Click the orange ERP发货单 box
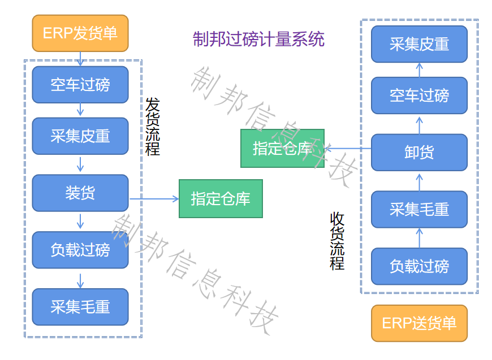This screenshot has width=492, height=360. pyautogui.click(x=80, y=33)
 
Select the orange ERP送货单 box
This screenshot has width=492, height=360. pyautogui.click(x=419, y=323)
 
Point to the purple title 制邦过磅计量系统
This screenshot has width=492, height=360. pyautogui.click(x=258, y=40)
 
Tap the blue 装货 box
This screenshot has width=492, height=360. pyautogui.click(x=80, y=193)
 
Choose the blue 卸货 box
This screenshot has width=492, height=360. pyautogui.click(x=419, y=152)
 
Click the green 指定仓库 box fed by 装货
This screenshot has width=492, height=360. pyautogui.click(x=221, y=198)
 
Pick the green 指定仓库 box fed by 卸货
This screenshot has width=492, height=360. pyautogui.click(x=282, y=148)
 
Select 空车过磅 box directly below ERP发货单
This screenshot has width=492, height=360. pyautogui.click(x=80, y=85)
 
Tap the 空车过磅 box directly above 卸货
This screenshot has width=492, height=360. pyautogui.click(x=419, y=96)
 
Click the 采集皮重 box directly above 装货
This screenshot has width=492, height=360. pyautogui.click(x=80, y=136)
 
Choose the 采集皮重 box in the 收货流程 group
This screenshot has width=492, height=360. pyautogui.click(x=419, y=44)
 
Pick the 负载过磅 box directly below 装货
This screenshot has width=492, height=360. pyautogui.click(x=80, y=250)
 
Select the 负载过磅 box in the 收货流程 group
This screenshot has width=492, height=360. pyautogui.click(x=419, y=266)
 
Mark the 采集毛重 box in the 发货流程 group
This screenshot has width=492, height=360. pyautogui.click(x=80, y=307)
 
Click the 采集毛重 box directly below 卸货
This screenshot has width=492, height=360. pyautogui.click(x=419, y=209)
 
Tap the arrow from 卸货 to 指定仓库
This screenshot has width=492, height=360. pyautogui.click(x=348, y=149)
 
